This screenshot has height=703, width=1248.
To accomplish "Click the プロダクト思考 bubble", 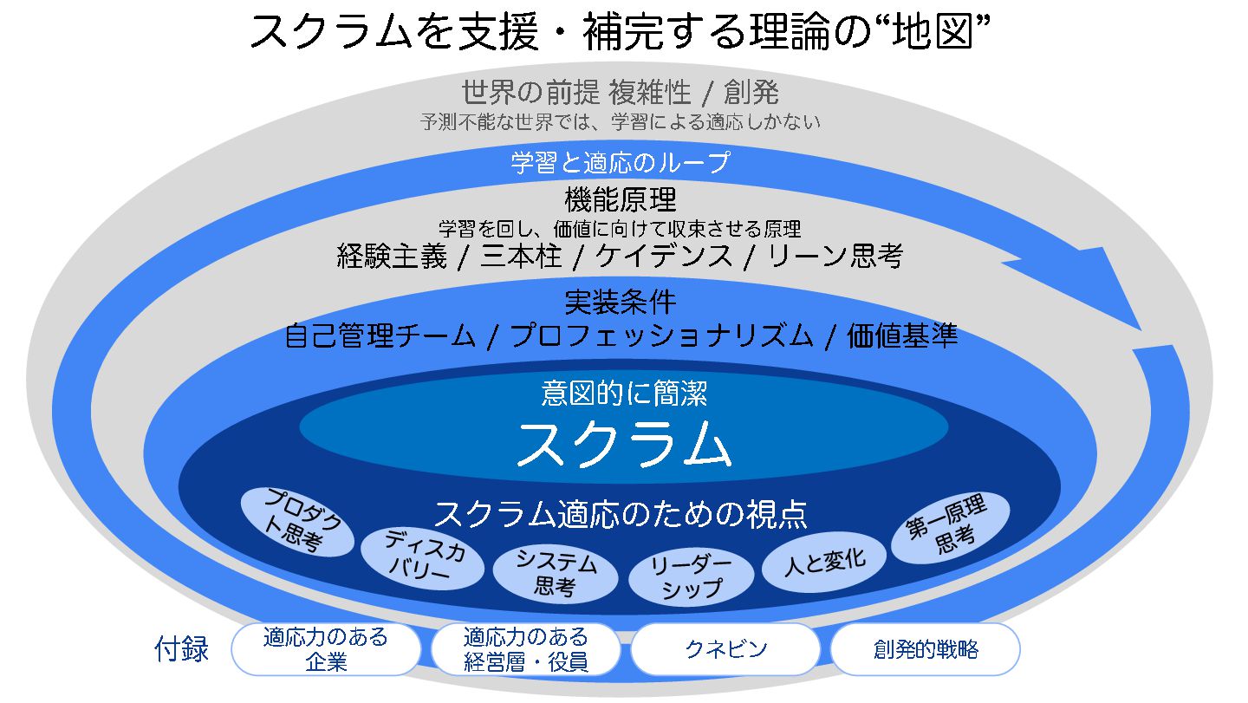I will point(296,521).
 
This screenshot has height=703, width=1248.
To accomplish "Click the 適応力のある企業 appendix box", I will point(326,649).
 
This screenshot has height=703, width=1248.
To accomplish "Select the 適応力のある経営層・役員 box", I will point(525,649).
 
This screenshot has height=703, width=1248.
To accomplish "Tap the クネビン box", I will point(725,649).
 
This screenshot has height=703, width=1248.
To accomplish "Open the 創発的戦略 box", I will point(925,649).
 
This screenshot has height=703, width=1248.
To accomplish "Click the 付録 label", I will point(182,649).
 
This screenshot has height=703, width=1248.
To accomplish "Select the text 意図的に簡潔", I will point(624,394).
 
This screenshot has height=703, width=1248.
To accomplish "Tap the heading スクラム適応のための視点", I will point(621,514).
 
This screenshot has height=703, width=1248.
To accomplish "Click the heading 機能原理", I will point(620,200).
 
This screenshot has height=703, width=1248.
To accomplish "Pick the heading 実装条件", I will point(620,302).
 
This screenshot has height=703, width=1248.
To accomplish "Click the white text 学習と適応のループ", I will point(620,162).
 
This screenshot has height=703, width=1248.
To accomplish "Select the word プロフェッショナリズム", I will point(661,335).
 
